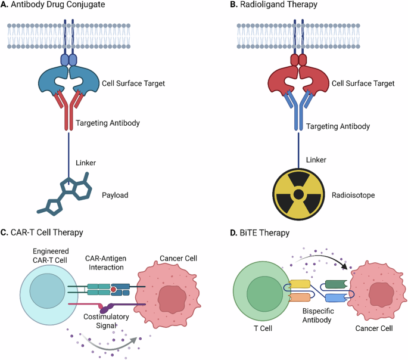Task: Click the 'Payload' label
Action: pyautogui.click(x=132, y=195)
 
